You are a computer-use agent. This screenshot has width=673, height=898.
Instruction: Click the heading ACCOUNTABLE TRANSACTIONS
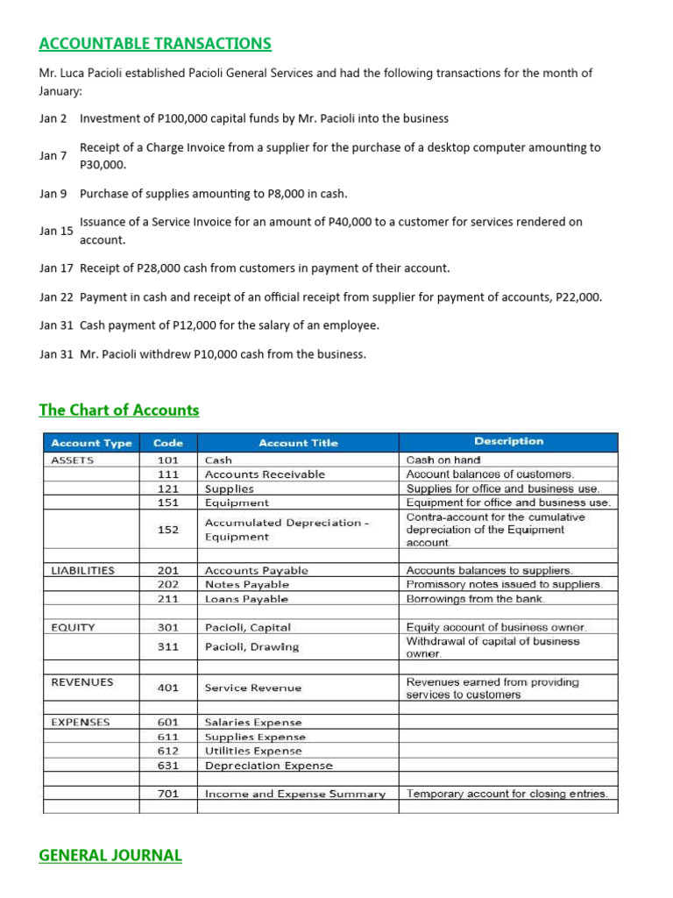point(155,44)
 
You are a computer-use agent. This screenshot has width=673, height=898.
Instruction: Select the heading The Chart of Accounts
point(119,410)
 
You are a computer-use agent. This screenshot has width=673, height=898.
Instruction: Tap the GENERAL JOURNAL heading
point(110,855)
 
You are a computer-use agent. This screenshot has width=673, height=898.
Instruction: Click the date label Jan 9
point(53,193)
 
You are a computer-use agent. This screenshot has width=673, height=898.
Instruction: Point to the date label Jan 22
point(56,297)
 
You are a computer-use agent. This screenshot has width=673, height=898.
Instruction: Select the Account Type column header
point(92,443)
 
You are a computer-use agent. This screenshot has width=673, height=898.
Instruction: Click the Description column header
point(508,442)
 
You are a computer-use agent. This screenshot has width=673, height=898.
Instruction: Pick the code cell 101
point(167,460)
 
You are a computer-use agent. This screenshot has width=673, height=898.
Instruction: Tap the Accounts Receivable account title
point(264,474)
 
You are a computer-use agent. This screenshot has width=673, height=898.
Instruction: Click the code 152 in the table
point(167,530)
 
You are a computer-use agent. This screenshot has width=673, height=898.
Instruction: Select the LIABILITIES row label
point(83,570)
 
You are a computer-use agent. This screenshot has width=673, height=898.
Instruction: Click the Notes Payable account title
point(246,584)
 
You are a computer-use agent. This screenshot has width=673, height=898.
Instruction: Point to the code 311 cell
point(167,647)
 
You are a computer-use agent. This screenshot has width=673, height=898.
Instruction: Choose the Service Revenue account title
point(252,688)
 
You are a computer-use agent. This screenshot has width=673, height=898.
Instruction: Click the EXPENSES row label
point(81,723)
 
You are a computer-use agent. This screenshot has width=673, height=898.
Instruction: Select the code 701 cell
point(167,794)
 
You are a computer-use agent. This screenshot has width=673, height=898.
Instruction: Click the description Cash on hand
point(443,460)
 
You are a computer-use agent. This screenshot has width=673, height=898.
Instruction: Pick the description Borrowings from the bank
point(475,599)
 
